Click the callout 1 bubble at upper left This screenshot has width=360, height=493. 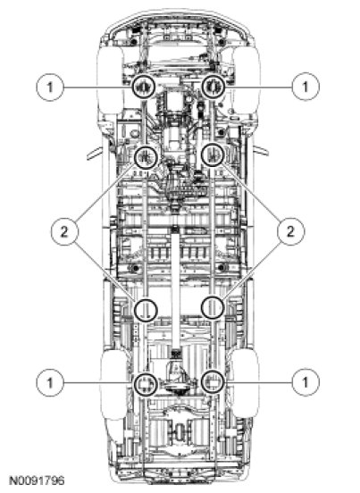pos(50,87)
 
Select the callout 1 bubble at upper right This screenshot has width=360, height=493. pos(306,87)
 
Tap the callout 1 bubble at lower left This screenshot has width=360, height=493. pos(50,382)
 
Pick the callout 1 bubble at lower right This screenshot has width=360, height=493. pos(306,382)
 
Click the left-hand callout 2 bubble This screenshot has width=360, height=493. pos(64,231)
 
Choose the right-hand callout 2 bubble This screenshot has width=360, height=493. pos(290,231)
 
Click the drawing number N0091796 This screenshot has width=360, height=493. pos(37,480)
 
